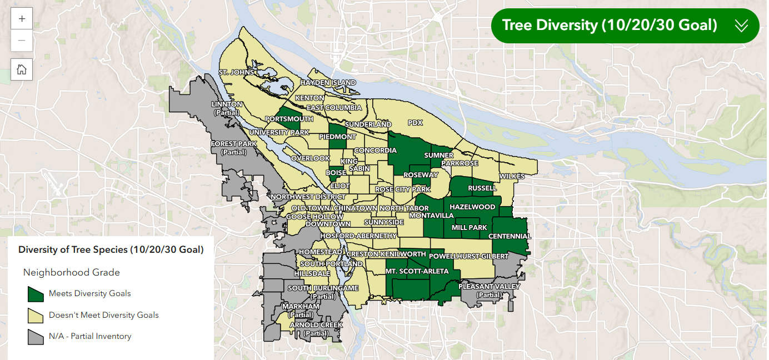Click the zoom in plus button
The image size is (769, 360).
22,18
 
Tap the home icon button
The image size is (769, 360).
22,69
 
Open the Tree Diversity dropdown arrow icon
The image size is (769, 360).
741,26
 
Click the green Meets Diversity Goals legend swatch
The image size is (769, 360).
36,293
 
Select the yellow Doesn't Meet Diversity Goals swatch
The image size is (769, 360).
36,315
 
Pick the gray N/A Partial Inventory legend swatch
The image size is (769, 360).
36,336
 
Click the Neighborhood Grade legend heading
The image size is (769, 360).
71,272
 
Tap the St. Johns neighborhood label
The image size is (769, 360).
236,72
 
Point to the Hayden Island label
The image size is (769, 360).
328,83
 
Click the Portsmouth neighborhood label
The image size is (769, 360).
289,119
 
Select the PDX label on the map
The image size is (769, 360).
415,123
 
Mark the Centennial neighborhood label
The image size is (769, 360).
510,236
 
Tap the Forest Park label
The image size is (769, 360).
233,144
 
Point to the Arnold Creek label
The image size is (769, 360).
316,325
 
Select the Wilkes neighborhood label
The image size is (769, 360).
511,176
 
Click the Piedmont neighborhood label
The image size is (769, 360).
337,137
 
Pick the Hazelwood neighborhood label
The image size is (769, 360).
472,207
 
